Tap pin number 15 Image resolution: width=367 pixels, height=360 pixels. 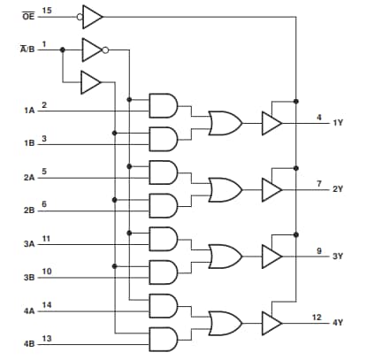coord(47,11)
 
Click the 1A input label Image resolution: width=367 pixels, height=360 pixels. coord(30,111)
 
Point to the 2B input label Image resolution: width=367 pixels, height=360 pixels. coord(30,211)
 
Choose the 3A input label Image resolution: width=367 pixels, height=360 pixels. coord(30,243)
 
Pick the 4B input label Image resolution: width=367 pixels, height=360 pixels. coord(30,342)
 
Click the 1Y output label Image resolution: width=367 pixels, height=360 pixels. coord(338,123)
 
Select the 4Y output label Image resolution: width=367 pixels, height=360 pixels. coord(338,321)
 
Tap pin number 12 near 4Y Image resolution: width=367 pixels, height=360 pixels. coord(316,316)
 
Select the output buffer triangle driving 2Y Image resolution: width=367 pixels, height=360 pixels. coord(271,188)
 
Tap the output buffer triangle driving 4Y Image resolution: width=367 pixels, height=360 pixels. coord(271,321)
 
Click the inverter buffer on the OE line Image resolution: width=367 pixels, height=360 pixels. coord(91,16)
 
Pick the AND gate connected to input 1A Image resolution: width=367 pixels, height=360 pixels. coord(164,106)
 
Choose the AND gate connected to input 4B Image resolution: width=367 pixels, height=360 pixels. coord(164,338)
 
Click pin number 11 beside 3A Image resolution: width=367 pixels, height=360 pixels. coord(47,239)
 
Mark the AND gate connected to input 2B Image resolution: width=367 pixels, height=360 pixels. coord(164,205)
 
